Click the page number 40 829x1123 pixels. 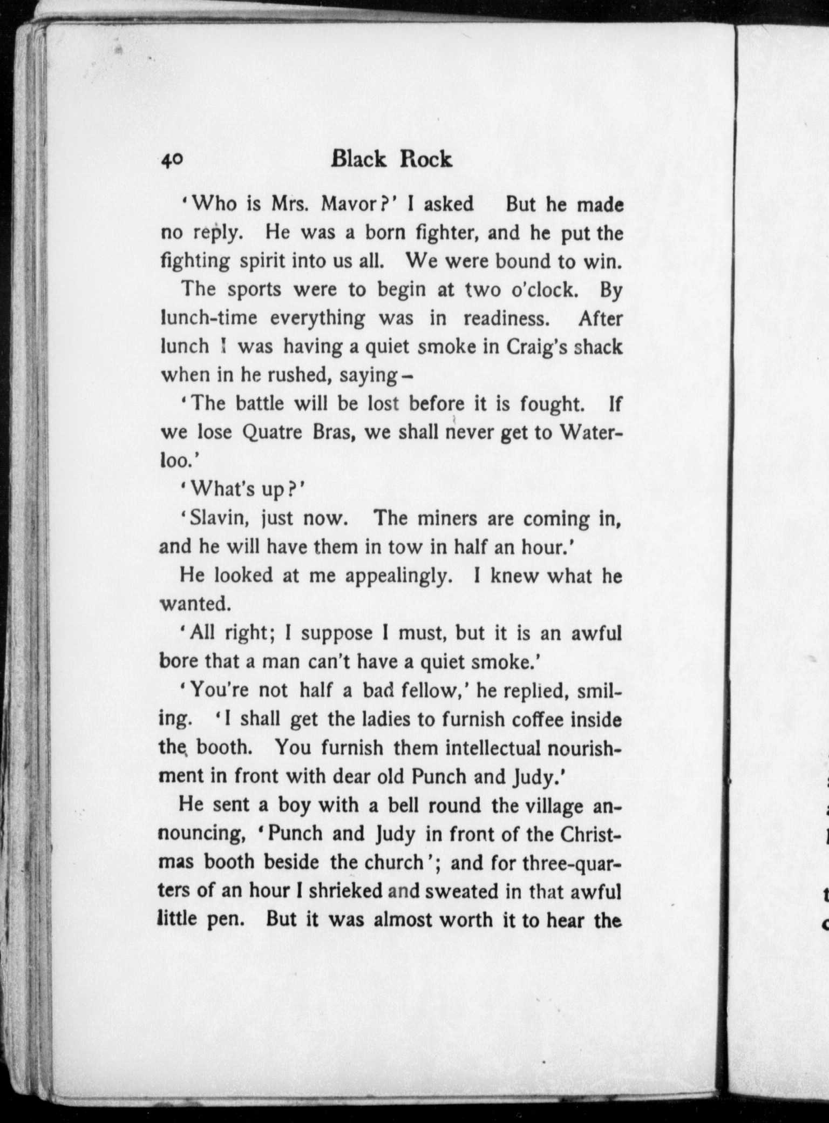point(172,160)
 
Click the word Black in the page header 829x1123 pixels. point(359,159)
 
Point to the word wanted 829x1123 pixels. point(195,604)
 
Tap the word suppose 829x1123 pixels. point(337,633)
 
